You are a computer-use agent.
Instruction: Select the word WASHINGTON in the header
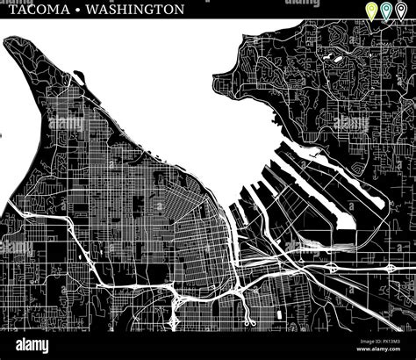139,11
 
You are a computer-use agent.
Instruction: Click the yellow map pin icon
371,11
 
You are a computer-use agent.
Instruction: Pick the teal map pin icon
386,11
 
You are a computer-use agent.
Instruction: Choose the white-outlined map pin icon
401,11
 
